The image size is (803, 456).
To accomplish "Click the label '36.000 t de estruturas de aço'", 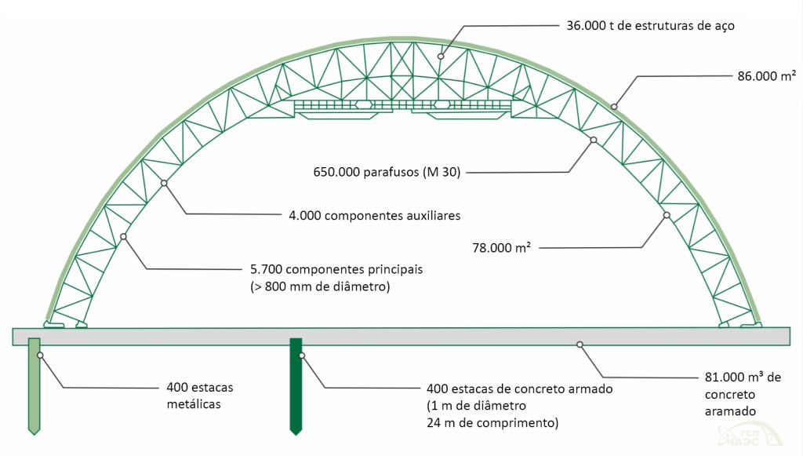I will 649,25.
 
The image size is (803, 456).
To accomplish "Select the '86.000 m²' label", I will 767,76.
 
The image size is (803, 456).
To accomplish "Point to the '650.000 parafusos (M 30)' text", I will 386,172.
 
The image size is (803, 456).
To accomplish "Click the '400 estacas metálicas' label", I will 200,395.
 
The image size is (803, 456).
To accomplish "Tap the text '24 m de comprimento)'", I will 492,424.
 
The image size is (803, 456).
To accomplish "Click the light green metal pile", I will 34,385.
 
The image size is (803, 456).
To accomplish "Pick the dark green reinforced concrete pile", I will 296,385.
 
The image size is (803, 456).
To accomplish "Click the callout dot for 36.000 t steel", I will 441,56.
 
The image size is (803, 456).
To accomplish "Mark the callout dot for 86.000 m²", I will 614,106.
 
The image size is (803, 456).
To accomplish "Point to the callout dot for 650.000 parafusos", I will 594,140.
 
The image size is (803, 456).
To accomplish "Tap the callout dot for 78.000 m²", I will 666,215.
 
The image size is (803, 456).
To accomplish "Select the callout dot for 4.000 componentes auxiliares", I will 164,183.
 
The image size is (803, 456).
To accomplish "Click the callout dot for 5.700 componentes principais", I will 123,236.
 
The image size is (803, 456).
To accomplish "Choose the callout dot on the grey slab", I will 580,344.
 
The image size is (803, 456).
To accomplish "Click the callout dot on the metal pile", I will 39,356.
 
